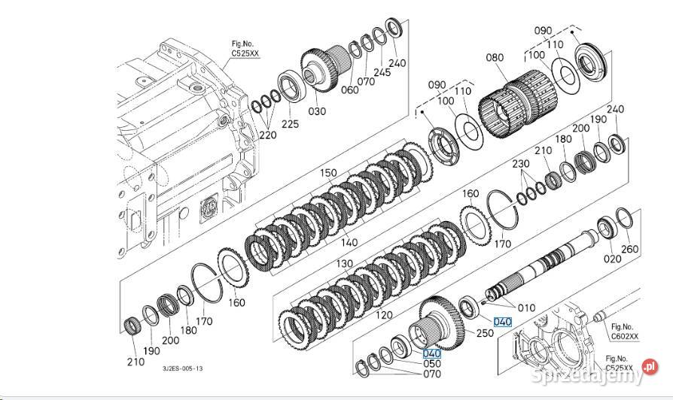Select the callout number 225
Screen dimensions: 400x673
289,122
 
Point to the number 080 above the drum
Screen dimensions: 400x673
495,57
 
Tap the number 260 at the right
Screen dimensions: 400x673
629,250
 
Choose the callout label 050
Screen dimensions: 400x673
432,364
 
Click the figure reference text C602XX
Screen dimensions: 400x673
625,338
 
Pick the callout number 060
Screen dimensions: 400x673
350,91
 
